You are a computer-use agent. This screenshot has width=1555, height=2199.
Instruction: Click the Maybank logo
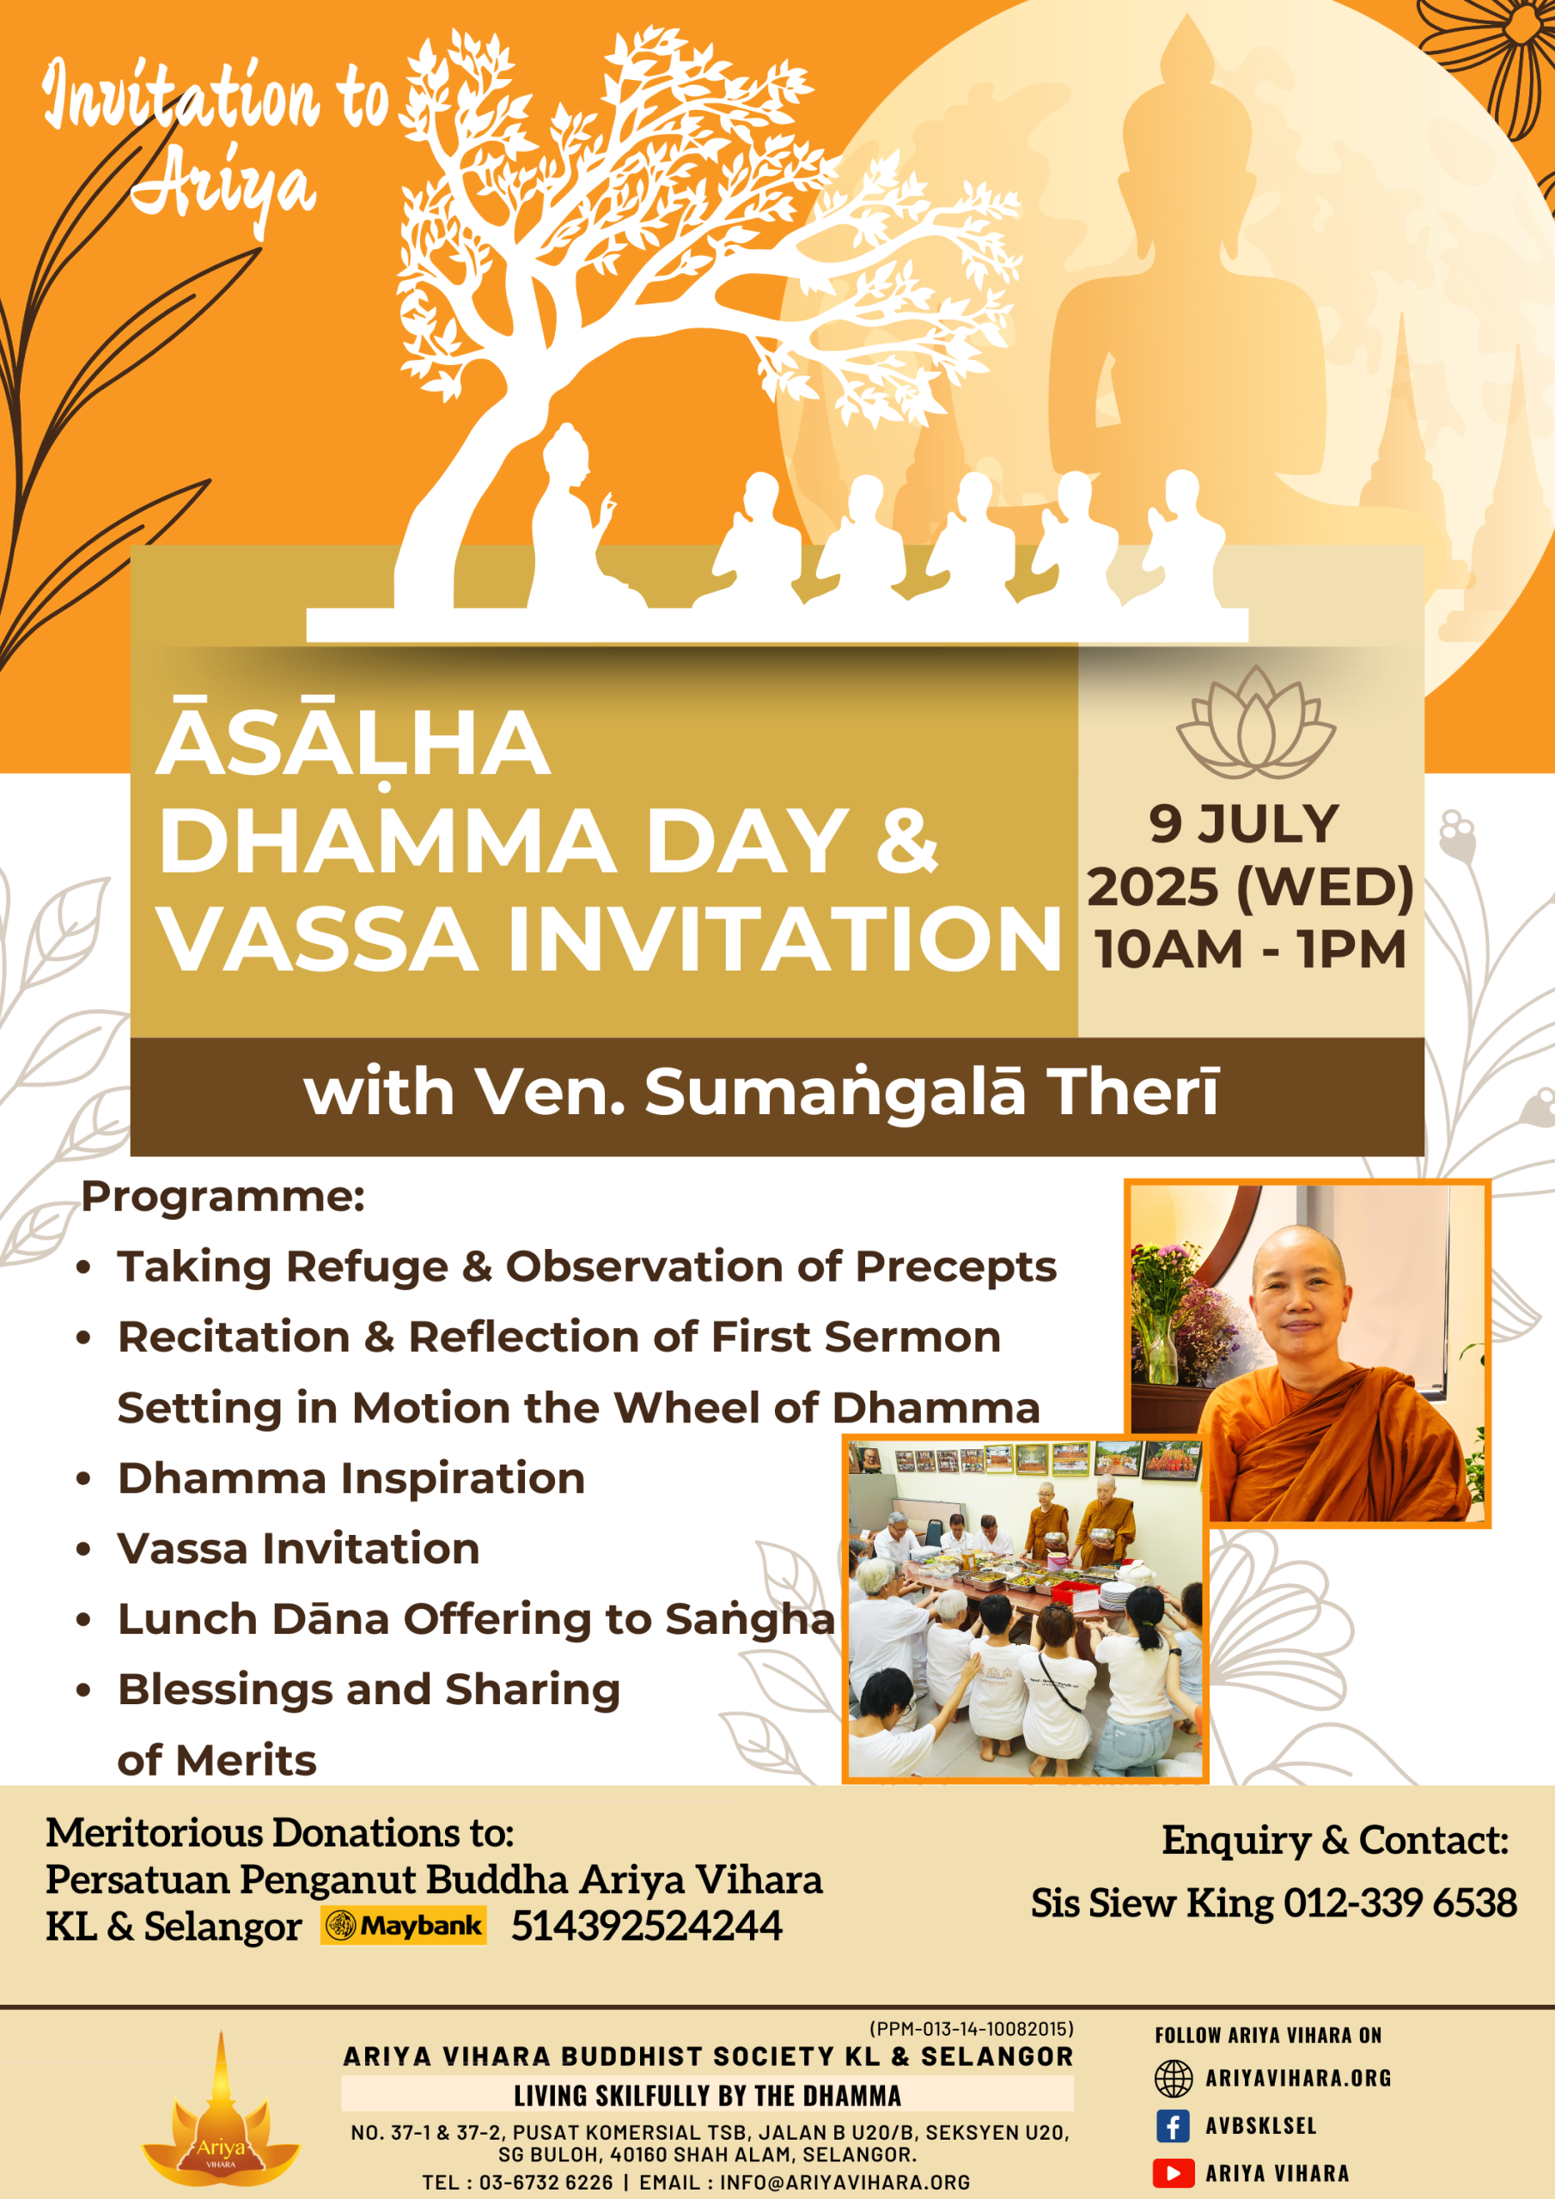click(405, 1926)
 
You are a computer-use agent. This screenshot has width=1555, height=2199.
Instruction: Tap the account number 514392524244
click(647, 1926)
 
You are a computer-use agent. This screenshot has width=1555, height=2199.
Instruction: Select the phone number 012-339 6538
click(1399, 1903)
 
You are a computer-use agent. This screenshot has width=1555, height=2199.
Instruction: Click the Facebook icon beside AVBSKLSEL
click(1173, 2125)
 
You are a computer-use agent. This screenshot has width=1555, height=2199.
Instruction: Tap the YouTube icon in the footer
click(1173, 2173)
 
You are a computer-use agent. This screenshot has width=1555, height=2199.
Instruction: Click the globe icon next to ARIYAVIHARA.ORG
click(1173, 2079)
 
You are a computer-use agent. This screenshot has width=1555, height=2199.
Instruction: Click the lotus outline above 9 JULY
click(1256, 722)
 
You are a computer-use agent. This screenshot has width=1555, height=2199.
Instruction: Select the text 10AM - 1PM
click(1250, 949)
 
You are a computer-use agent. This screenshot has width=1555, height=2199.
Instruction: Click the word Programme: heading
click(223, 1197)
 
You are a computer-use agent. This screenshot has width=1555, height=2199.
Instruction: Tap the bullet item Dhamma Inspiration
click(351, 1477)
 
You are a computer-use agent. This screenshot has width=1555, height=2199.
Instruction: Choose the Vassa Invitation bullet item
click(299, 1549)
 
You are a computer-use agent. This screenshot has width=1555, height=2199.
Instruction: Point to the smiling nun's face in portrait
click(1300, 1294)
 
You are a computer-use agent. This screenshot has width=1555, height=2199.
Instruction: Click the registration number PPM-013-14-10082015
click(972, 2029)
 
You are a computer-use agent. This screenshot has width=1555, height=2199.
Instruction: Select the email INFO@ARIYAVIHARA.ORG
click(845, 2182)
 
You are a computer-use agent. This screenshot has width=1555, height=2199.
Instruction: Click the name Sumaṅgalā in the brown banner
click(835, 1092)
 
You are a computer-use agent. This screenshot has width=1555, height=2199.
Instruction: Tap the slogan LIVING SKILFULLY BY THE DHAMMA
click(707, 2096)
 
